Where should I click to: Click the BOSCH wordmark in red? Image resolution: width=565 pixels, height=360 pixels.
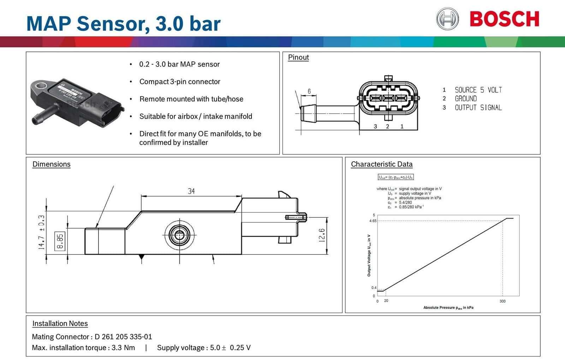(x=504, y=19)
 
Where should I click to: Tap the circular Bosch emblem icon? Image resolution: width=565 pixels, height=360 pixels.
(x=447, y=19)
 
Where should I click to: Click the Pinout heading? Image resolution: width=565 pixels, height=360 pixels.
(x=298, y=57)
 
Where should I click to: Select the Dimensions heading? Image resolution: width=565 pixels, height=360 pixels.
(x=51, y=164)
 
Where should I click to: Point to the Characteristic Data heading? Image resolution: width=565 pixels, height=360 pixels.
(x=382, y=164)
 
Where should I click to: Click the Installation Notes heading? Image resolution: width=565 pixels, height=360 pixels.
(x=60, y=323)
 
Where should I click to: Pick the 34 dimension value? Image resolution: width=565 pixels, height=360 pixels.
(x=191, y=191)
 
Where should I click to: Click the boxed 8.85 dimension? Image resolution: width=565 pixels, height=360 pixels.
(x=60, y=241)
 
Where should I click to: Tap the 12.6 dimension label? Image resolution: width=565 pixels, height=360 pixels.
(x=322, y=235)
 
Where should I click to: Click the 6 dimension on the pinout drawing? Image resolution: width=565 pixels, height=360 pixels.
(x=309, y=91)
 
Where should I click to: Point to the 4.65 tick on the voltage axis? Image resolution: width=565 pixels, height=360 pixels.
(x=373, y=221)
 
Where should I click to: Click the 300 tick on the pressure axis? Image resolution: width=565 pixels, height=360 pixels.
(x=502, y=301)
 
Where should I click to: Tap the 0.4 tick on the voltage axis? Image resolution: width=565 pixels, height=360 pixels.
(x=374, y=288)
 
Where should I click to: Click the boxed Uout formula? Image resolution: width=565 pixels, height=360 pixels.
(x=395, y=177)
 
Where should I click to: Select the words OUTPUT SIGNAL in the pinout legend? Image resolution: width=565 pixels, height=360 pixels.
(x=478, y=108)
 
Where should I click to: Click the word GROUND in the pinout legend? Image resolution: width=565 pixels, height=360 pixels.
(x=465, y=99)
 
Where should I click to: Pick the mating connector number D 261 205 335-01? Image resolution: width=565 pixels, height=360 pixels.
(x=123, y=337)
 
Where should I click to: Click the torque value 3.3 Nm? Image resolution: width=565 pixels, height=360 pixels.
(x=123, y=348)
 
